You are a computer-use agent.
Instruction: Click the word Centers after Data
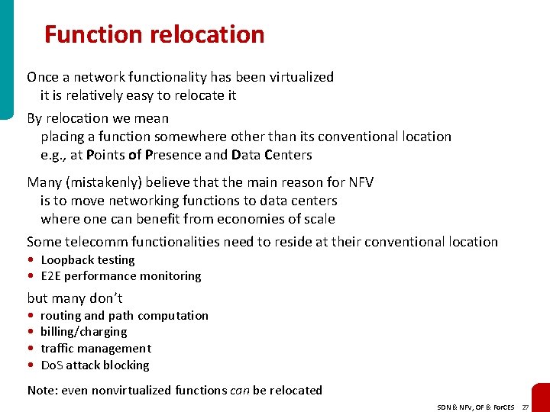coord(288,155)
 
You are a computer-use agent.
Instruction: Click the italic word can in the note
coord(239,391)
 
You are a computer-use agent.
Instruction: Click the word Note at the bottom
coord(41,391)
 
